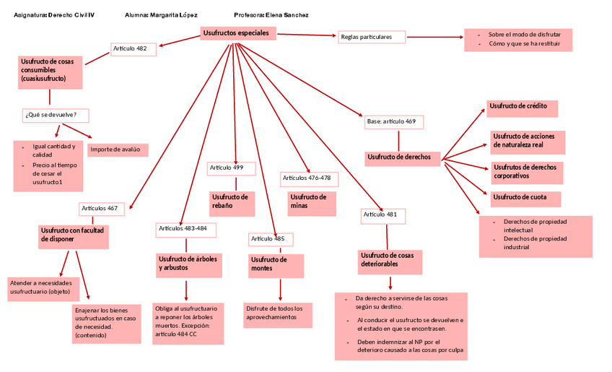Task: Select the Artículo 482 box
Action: click(x=133, y=49)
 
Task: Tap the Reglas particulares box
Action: click(x=370, y=37)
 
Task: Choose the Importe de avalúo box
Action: click(x=118, y=150)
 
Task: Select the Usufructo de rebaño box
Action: click(x=232, y=202)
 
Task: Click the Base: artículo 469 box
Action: click(x=392, y=121)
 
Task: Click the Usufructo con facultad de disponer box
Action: click(x=73, y=235)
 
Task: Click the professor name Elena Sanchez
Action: click(x=287, y=14)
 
